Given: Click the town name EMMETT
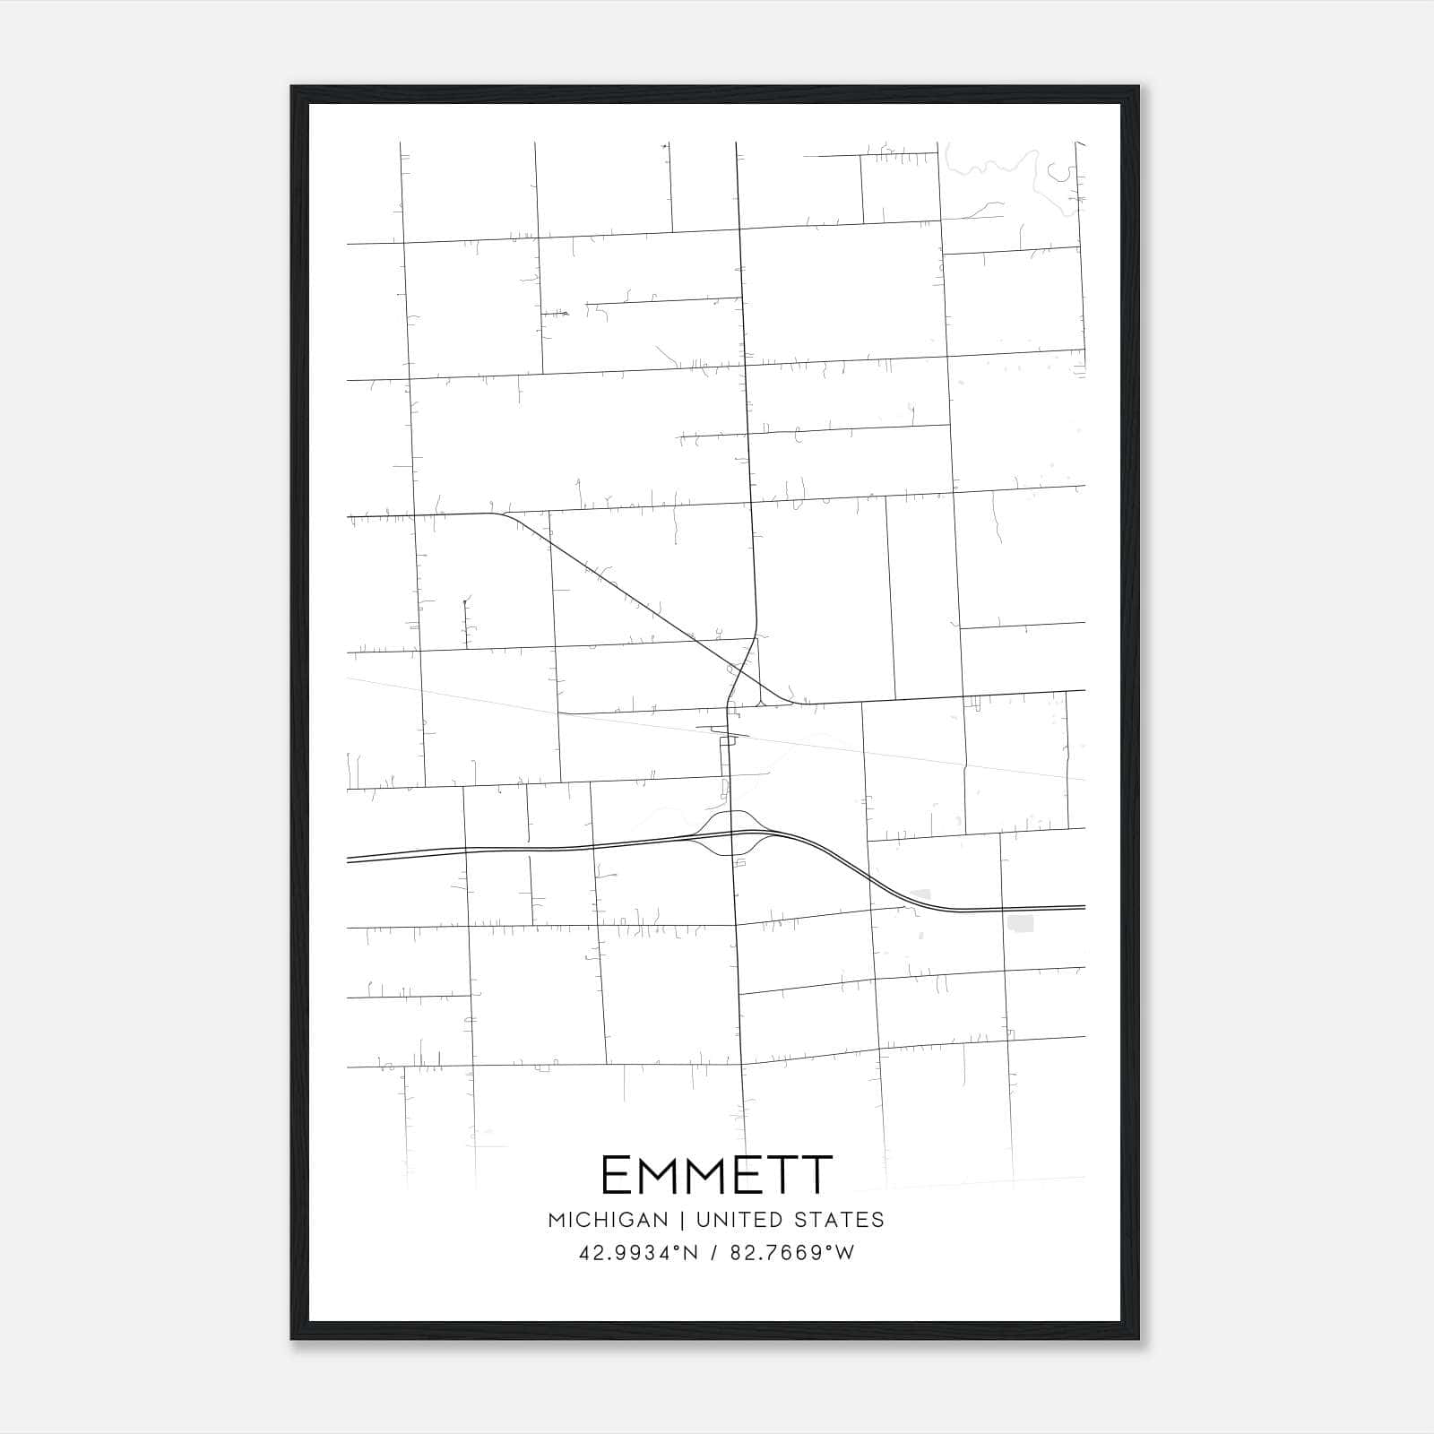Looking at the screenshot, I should pos(716,1175).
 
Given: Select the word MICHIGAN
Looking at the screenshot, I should pos(608,1220).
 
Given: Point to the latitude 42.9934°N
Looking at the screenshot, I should pos(636,1253).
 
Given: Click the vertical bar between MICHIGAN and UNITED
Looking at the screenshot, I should pos(683,1220).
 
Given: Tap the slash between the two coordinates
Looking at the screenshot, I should pos(714,1253).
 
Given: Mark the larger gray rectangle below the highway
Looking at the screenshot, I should pos(1020,923).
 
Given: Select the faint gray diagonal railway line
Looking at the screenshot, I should pos(896,757).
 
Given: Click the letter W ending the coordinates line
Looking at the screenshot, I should pos(845,1253).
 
